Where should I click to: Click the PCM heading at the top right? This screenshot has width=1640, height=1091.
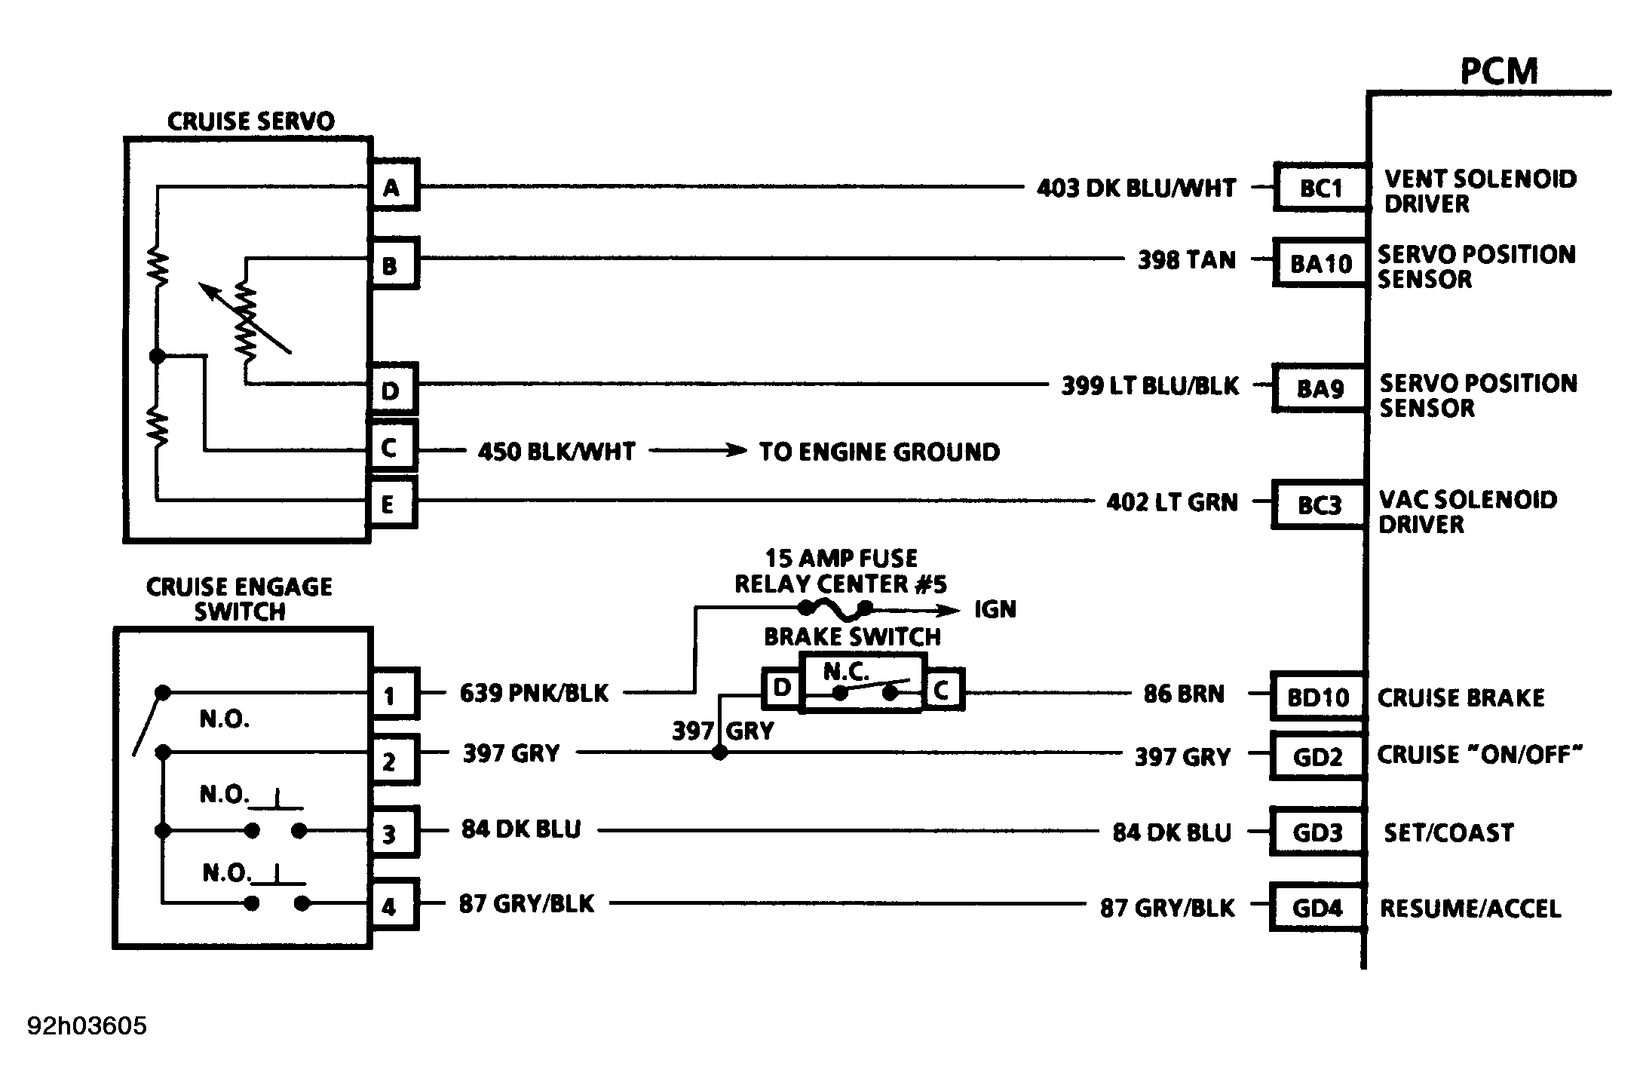[1498, 72]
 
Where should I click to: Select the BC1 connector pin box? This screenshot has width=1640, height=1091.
[1321, 187]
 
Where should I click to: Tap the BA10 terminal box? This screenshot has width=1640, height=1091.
[1320, 263]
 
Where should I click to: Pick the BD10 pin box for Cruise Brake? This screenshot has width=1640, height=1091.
[1318, 696]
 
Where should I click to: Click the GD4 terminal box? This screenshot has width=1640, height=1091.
[1318, 907]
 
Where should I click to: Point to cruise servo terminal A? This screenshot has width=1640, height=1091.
[393, 186]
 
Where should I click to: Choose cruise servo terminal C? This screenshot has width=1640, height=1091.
[391, 448]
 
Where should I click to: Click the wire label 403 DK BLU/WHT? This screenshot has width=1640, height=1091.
[1136, 188]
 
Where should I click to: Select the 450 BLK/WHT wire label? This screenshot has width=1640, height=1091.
[556, 452]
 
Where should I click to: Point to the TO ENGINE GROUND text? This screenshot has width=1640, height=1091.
[879, 452]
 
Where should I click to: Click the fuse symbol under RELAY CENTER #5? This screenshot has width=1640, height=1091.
[835, 608]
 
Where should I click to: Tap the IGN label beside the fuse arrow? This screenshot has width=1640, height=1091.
[995, 609]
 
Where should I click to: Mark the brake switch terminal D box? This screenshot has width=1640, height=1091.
[783, 688]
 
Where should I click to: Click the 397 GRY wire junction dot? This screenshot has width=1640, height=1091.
[720, 752]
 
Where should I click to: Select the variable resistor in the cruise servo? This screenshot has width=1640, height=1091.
[246, 320]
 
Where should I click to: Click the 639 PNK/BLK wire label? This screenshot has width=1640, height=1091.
[534, 693]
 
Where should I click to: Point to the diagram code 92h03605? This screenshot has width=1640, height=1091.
[87, 1026]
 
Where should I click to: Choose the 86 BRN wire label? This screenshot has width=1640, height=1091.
[1184, 694]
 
